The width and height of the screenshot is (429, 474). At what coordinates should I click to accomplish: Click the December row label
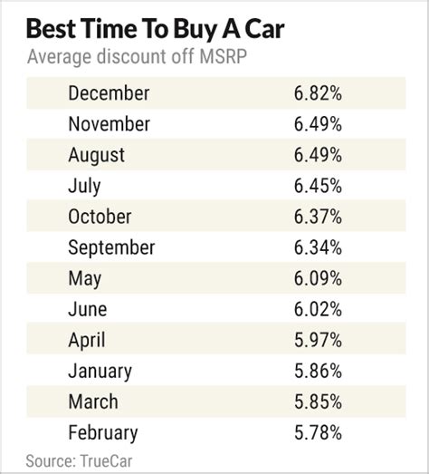109,93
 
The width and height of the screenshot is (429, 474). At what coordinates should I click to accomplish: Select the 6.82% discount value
316,93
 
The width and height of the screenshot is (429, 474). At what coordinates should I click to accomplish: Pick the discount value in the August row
316,155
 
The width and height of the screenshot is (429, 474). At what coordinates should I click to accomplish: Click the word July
85,186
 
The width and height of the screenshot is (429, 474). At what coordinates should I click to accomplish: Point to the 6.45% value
316,186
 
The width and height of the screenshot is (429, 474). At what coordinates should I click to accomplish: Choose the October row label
100,217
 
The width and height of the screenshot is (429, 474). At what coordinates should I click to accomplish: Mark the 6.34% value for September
316,247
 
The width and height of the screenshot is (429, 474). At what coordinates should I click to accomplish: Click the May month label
84,278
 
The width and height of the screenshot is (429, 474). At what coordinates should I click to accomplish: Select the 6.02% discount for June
316,309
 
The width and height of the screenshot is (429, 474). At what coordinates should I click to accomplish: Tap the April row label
87,340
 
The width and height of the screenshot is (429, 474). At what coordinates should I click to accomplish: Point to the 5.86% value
316,371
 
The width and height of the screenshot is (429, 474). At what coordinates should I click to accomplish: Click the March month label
91,401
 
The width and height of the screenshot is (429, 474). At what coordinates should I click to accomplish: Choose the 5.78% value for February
316,432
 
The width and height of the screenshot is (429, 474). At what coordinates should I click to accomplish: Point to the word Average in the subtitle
58,59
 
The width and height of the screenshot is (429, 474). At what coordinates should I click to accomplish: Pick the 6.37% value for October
316,217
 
